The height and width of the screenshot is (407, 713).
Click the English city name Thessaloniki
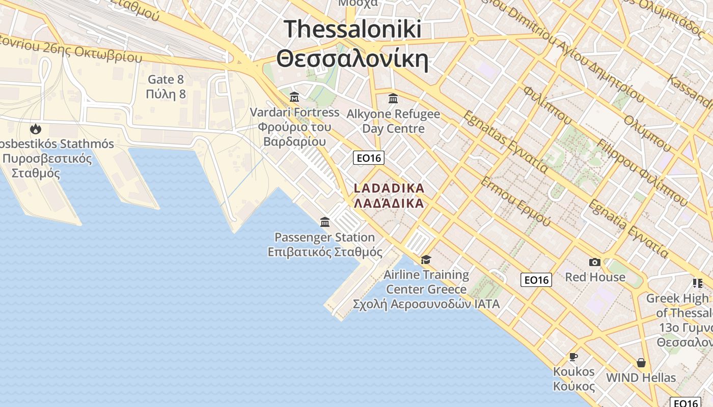[352, 29]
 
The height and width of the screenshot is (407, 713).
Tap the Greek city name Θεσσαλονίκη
[352, 59]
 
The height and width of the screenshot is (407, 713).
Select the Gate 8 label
[166, 79]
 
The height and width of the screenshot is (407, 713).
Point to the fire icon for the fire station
[35, 129]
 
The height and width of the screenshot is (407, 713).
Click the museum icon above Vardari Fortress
[294, 97]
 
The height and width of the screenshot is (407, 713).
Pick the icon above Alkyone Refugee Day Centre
[393, 98]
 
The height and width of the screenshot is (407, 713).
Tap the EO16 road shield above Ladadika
[369, 158]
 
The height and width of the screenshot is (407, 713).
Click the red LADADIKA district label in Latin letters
[389, 188]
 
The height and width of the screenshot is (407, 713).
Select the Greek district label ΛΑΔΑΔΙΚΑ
[389, 203]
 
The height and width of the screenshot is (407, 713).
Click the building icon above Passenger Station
[325, 222]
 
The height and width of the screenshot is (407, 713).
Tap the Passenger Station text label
[325, 237]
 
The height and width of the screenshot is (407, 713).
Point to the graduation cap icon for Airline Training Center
[426, 260]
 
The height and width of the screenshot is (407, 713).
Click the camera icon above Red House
[594, 263]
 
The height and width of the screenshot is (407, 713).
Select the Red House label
[595, 277]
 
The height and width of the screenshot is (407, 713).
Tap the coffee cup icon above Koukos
[573, 357]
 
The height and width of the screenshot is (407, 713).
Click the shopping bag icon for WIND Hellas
[641, 363]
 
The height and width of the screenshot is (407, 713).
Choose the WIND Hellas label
[641, 378]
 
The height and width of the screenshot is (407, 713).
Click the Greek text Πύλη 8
[166, 94]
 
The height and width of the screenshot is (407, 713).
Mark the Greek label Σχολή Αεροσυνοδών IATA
[426, 304]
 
